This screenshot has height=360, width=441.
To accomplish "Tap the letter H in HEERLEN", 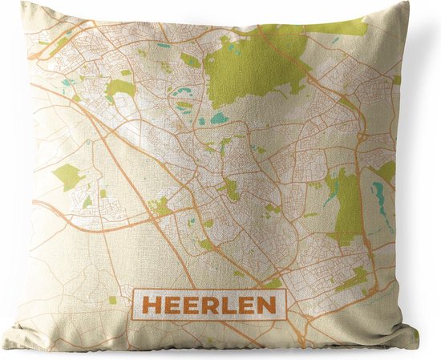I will point(150,304).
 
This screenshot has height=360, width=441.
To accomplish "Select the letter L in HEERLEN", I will point(216,304).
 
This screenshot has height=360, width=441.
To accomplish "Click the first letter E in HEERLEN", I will point(167,304).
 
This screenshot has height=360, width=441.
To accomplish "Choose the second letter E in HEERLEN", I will point(184,304).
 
